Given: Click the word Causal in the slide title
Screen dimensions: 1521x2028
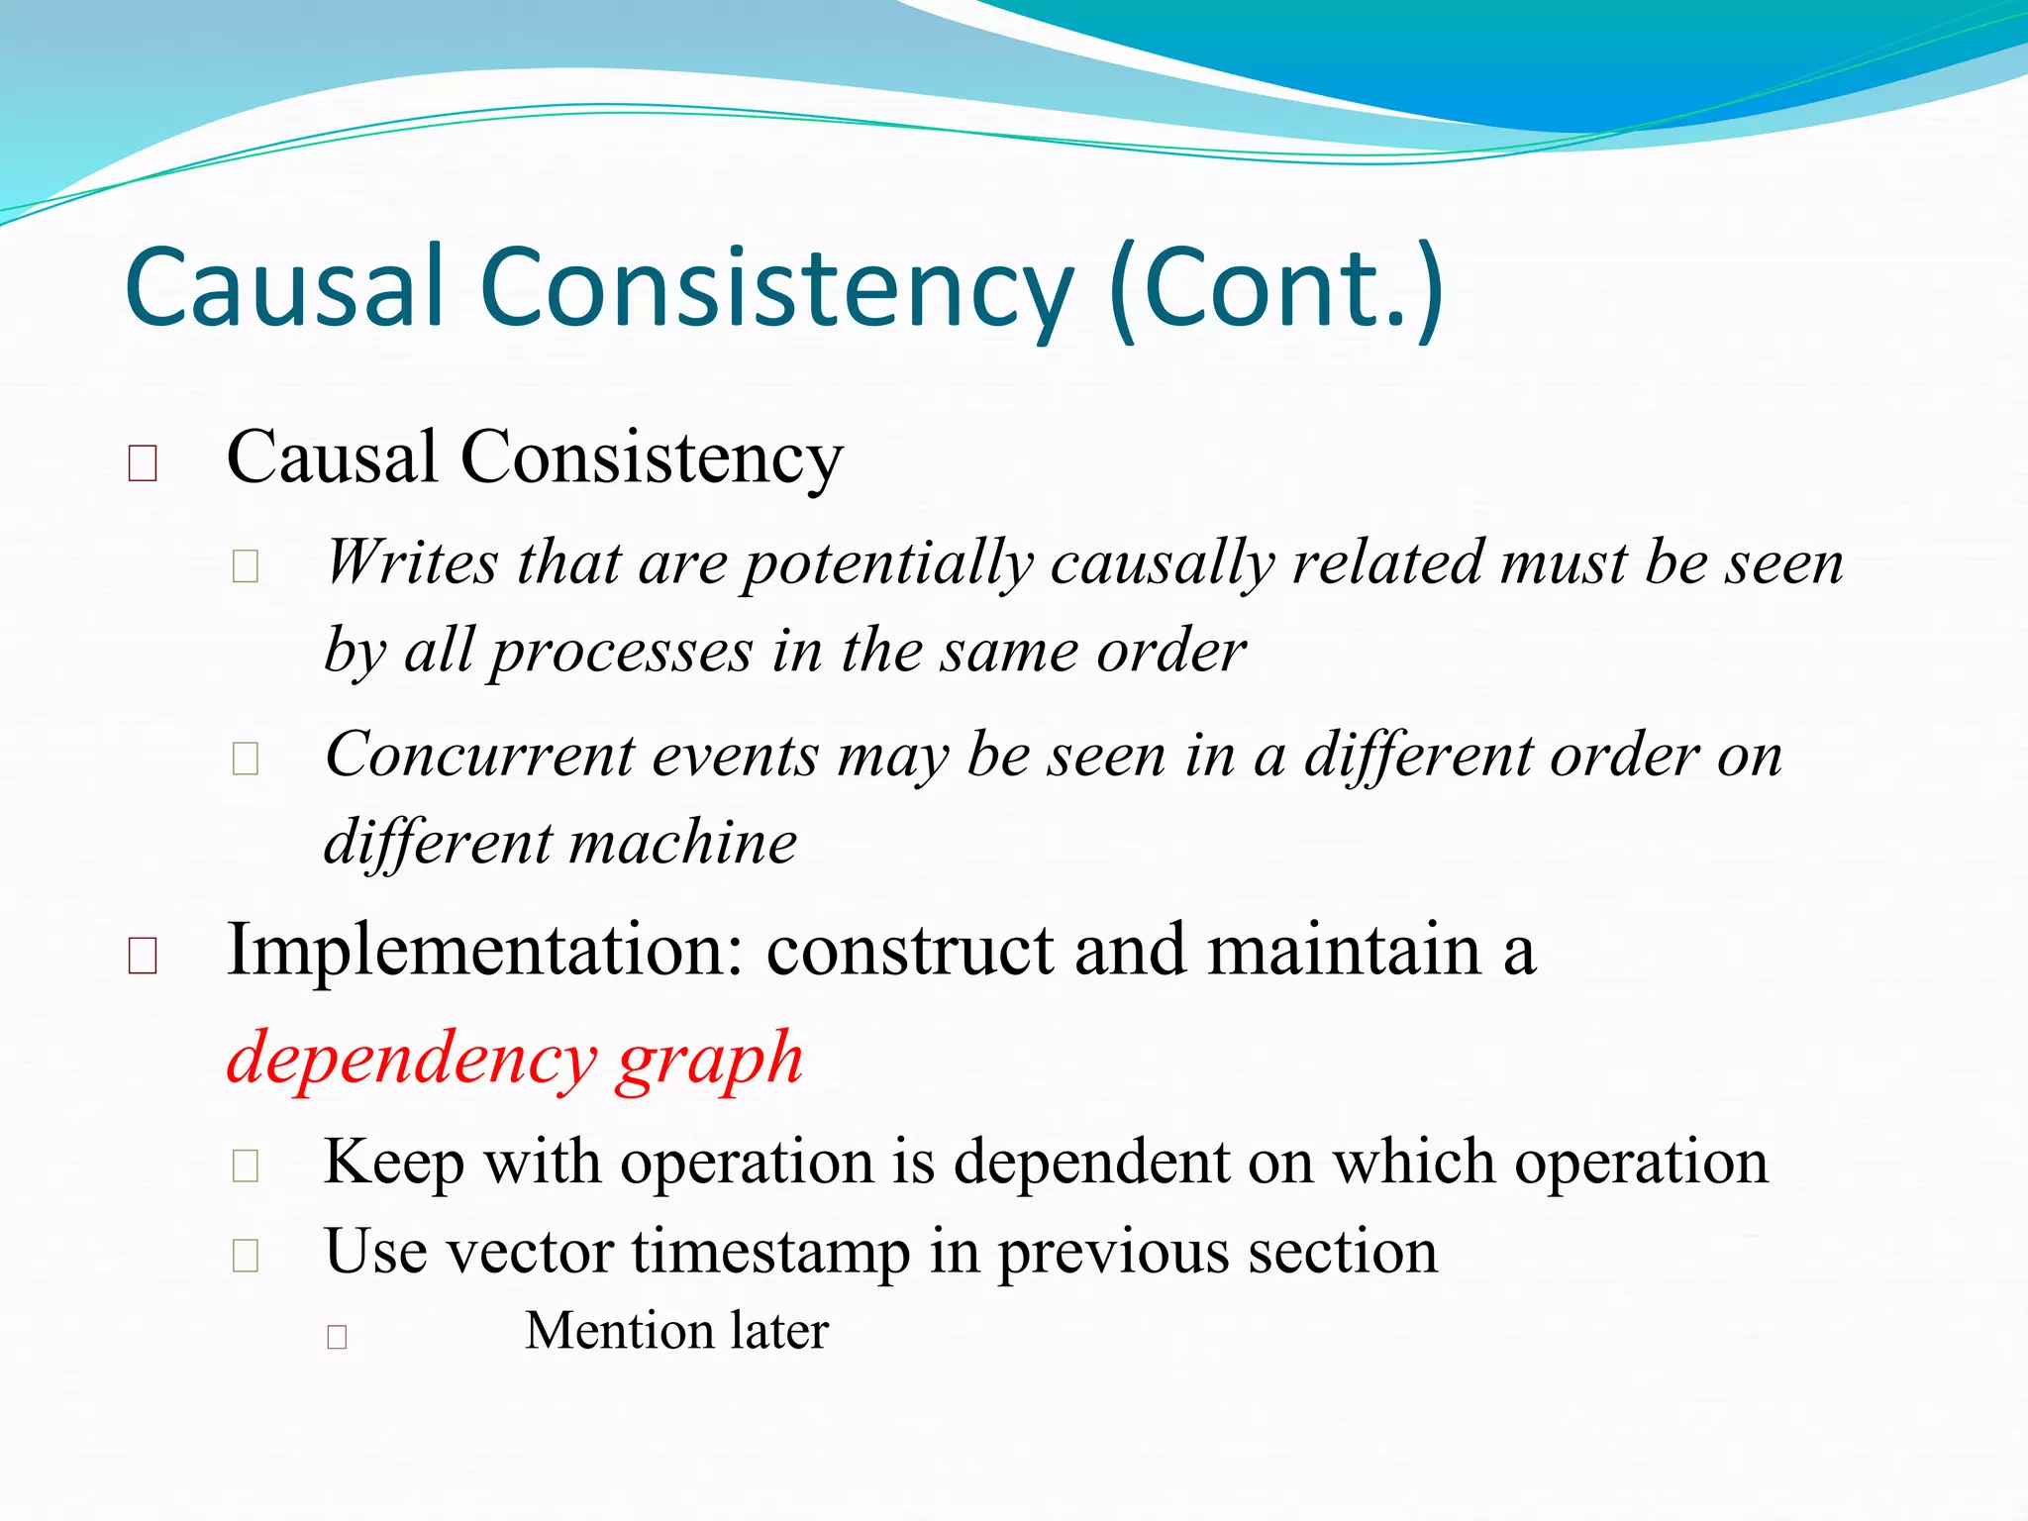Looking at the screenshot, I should click(x=284, y=287).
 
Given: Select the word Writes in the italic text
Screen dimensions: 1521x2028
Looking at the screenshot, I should click(x=411, y=562).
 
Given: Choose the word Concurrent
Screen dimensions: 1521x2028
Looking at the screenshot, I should click(x=479, y=755).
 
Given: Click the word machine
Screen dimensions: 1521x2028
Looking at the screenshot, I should click(x=683, y=843).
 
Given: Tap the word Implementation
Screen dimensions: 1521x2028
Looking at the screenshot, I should click(x=484, y=951).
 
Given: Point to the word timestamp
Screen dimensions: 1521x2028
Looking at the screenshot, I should click(x=771, y=1253).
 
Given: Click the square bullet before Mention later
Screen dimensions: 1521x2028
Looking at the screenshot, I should click(x=337, y=1337).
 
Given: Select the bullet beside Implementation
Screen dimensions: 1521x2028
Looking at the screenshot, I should click(x=143, y=957).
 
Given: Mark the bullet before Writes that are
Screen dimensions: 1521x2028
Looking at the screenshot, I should click(x=245, y=566).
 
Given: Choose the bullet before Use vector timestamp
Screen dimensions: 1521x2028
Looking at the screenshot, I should click(x=245, y=1255).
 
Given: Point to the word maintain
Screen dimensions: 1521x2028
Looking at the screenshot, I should click(x=1344, y=951).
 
